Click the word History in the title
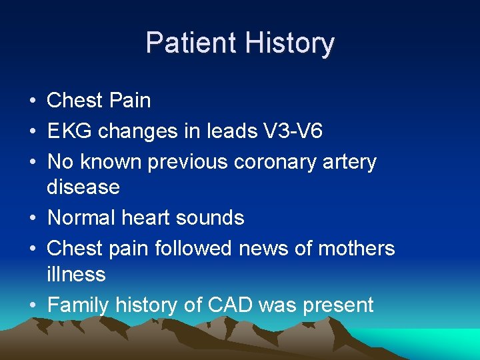(289, 43)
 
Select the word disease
(83, 187)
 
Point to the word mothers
(357, 248)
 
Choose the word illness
(76, 274)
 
